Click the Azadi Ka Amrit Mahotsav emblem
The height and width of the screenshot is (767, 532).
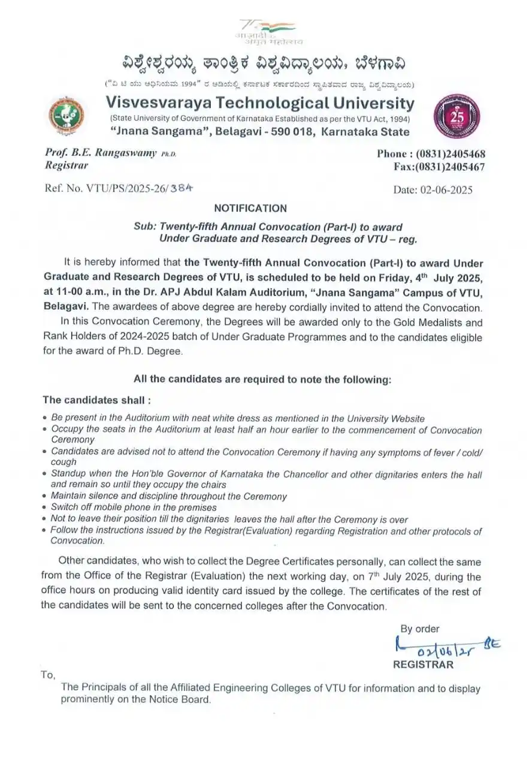point(267,32)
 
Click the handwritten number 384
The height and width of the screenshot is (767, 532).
point(182,187)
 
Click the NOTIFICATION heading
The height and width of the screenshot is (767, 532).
point(250,209)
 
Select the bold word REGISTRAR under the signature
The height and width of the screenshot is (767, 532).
point(423,665)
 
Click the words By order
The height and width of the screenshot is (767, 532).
point(419,629)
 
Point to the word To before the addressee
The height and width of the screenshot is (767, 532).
point(48,675)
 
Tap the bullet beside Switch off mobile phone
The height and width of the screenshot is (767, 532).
point(46,508)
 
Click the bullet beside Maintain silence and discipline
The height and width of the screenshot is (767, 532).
point(46,497)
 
